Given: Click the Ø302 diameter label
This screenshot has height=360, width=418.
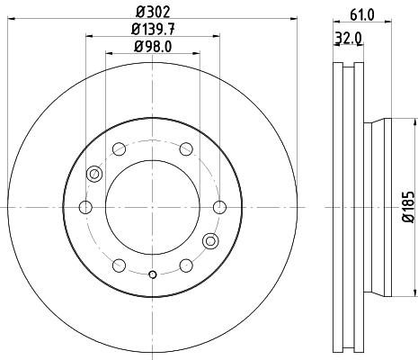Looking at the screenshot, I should (x=152, y=12).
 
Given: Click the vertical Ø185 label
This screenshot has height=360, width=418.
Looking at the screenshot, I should (x=407, y=206).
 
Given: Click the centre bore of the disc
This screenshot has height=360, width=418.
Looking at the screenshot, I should (x=152, y=207).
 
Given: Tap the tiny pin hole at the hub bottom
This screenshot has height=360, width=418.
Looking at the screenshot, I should (x=152, y=274).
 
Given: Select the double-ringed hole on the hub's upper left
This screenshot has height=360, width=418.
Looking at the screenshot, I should (x=94, y=174).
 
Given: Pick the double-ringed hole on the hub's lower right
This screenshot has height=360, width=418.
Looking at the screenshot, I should (x=210, y=240).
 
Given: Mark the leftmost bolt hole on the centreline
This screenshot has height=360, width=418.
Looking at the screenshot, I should (x=86, y=208).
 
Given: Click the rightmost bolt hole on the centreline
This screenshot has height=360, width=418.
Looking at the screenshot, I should (x=218, y=208).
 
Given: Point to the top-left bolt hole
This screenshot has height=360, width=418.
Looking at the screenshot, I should (x=119, y=149).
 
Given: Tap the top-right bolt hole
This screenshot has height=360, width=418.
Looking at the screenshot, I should (x=185, y=149).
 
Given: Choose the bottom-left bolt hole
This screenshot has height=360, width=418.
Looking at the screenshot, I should (x=119, y=265).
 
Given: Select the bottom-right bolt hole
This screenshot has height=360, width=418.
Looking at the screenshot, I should (x=185, y=265).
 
